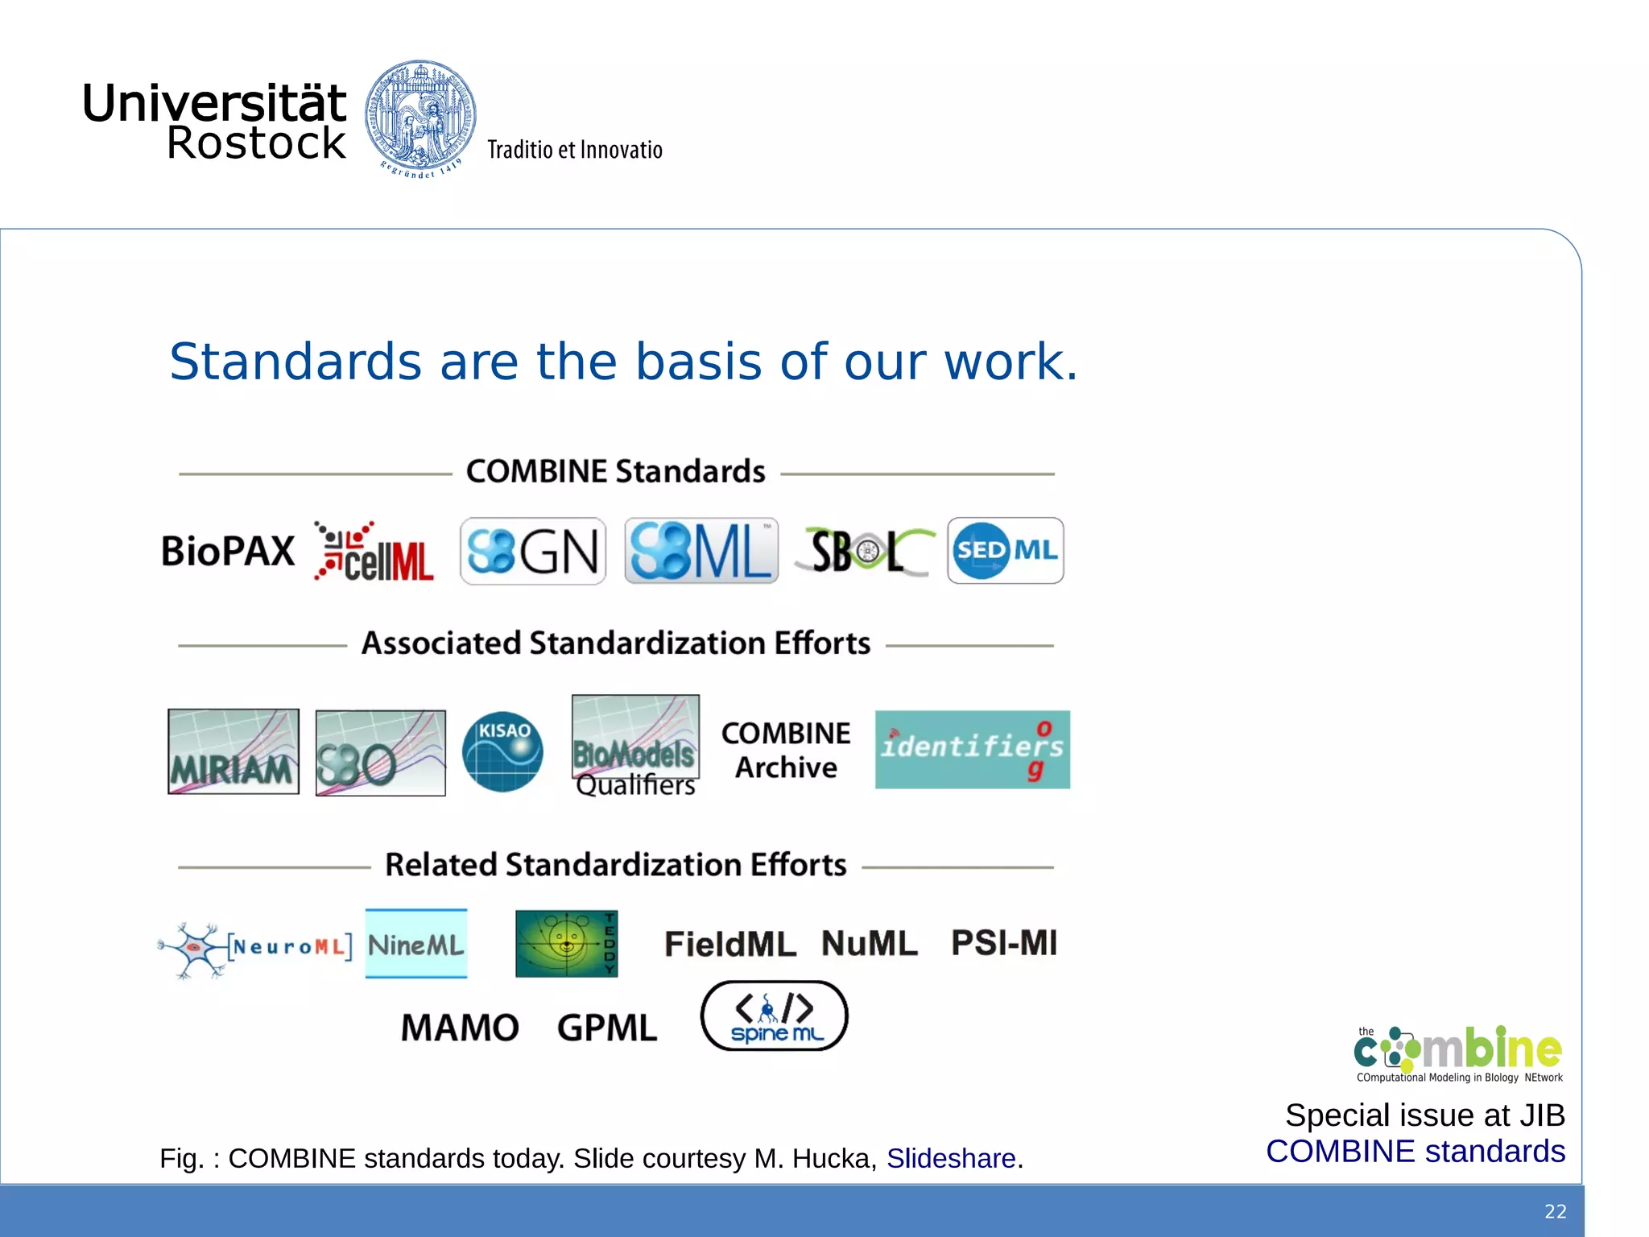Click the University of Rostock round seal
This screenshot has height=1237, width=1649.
419,118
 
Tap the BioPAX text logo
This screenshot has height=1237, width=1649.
228,552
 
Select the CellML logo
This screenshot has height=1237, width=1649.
374,552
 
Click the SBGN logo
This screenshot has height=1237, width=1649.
532,552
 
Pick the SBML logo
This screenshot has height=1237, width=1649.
701,552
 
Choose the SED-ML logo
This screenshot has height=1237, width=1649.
1005,551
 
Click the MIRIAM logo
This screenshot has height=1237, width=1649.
234,751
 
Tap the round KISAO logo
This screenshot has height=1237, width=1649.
502,751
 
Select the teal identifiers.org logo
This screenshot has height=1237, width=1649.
972,749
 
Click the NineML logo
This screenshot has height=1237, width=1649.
416,944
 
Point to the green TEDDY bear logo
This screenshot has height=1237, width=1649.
566,943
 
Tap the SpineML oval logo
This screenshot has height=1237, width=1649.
774,1016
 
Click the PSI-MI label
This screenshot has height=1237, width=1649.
1004,943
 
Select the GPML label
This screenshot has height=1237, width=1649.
607,1028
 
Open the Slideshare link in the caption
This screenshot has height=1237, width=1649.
951,1158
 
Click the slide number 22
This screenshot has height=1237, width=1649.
1555,1211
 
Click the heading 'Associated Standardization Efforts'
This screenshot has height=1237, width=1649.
616,643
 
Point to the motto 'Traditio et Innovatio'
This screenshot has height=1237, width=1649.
575,151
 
